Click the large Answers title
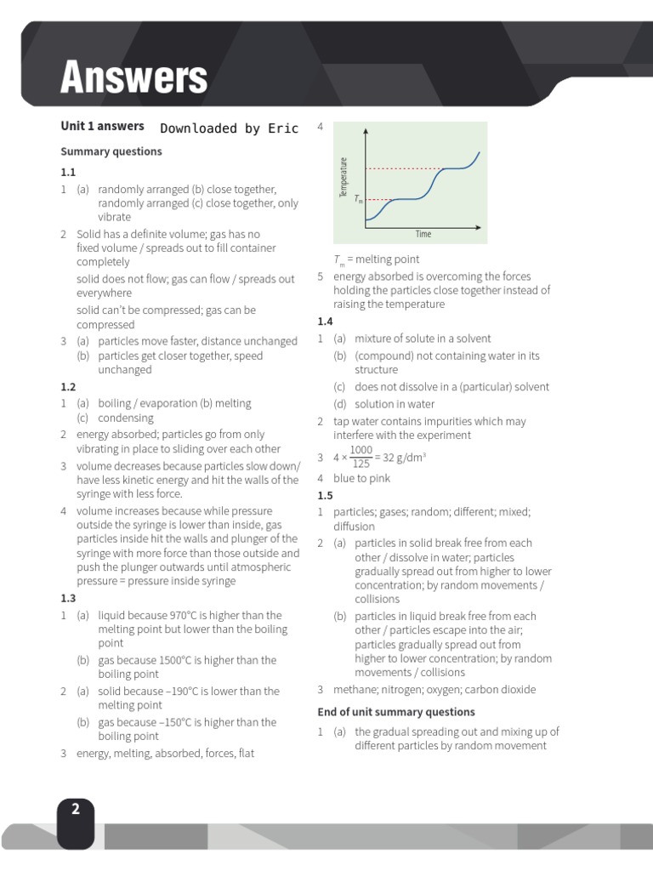133,78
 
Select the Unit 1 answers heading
102,126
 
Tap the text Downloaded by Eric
229,128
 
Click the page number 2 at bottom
76,810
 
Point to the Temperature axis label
344,178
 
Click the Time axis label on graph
423,234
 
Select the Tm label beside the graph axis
359,201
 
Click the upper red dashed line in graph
400,168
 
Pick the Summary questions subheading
111,151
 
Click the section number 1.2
68,387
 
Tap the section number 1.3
68,598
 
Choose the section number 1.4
325,322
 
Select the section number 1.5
325,495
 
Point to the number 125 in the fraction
361,464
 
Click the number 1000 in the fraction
361,450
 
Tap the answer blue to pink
362,479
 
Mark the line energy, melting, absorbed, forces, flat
165,754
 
